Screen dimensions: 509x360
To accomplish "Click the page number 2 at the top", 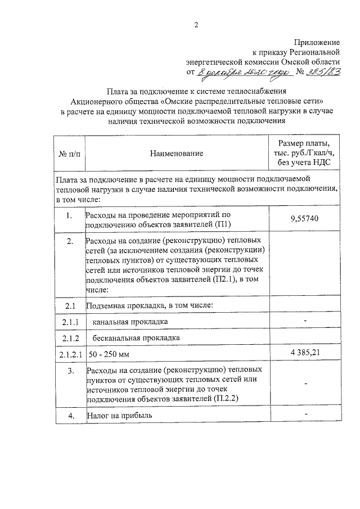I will pos(196,24).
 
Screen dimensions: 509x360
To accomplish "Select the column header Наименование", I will pos(176,153).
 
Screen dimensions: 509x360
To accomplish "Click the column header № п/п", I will pos(69,153).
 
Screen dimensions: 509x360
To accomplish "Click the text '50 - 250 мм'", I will pos(108,354).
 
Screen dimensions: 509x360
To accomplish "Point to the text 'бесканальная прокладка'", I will pos(137,338).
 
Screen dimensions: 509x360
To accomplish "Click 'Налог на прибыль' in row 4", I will pos(119,416).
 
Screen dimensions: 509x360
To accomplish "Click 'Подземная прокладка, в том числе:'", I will pos(149,305).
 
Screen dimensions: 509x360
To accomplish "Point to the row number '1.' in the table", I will pos(69,215).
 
